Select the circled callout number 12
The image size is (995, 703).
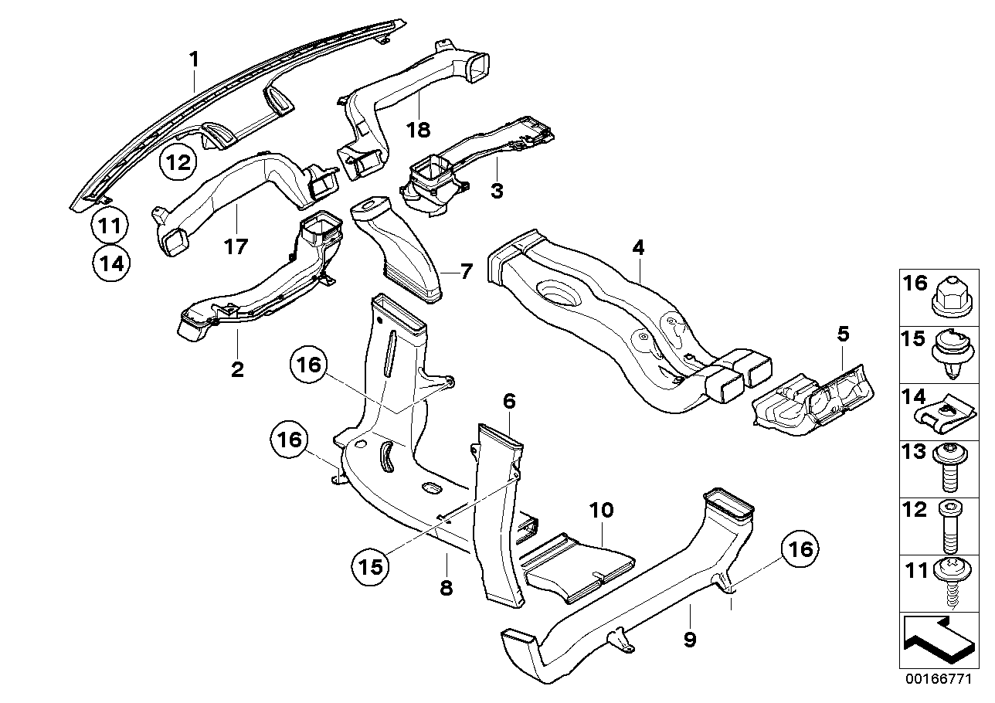178,163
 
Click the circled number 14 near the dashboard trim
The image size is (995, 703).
110,263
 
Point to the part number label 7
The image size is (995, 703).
465,271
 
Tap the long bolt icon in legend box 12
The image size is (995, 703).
950,526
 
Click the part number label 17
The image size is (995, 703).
236,246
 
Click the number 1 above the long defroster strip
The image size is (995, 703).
195,58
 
